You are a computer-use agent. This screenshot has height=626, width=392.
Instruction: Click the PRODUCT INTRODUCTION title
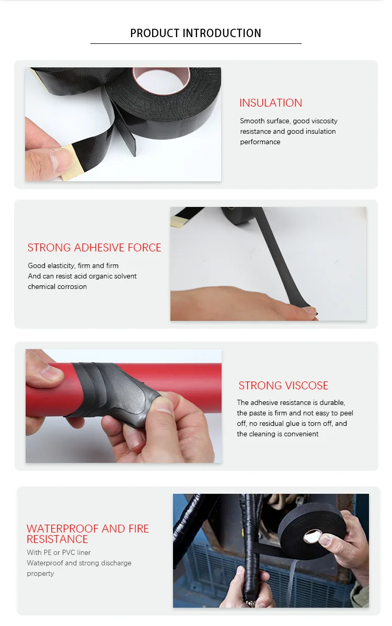[195, 33]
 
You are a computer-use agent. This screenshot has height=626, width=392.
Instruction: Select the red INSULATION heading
[271, 103]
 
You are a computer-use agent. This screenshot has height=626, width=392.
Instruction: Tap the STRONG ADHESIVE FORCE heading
[94, 248]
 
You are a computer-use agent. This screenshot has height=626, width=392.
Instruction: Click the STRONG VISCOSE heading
[283, 386]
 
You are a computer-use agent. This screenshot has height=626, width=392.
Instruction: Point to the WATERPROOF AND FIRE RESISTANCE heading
[88, 534]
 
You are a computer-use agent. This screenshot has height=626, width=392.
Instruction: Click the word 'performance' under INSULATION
[260, 142]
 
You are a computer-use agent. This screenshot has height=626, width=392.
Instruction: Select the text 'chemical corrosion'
[57, 286]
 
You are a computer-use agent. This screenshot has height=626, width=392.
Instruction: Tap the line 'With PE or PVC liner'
[59, 552]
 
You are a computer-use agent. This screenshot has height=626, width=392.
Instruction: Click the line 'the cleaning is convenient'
[278, 434]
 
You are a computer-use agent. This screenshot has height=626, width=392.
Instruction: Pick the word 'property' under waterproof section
[40, 573]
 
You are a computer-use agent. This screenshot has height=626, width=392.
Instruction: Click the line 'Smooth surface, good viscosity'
[289, 121]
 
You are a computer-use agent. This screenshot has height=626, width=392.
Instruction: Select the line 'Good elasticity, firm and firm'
[73, 265]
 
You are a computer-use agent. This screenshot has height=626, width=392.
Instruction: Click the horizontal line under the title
[195, 43]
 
